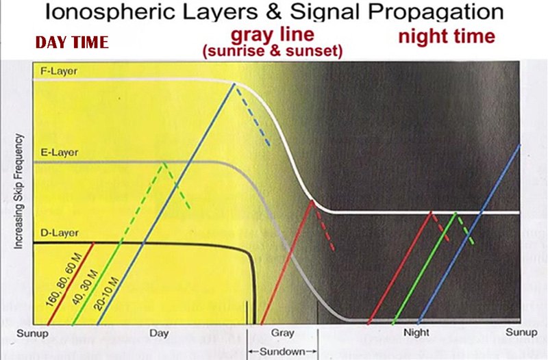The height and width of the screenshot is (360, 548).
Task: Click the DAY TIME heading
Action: coord(72,42)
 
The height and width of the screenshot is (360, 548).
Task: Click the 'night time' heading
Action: coord(446,36)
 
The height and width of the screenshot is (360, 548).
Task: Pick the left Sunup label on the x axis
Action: coord(32,333)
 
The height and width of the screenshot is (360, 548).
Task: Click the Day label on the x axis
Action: coord(159,333)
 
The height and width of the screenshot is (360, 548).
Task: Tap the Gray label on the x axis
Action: coord(282,333)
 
